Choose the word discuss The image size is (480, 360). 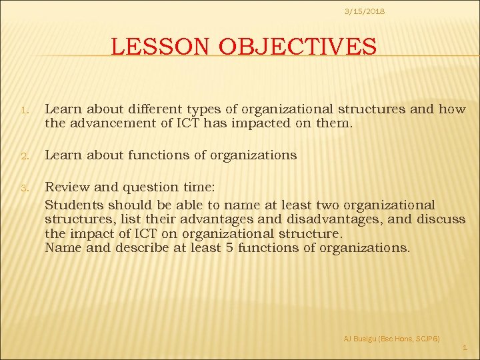(x=441, y=219)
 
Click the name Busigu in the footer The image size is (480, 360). (x=365, y=339)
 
